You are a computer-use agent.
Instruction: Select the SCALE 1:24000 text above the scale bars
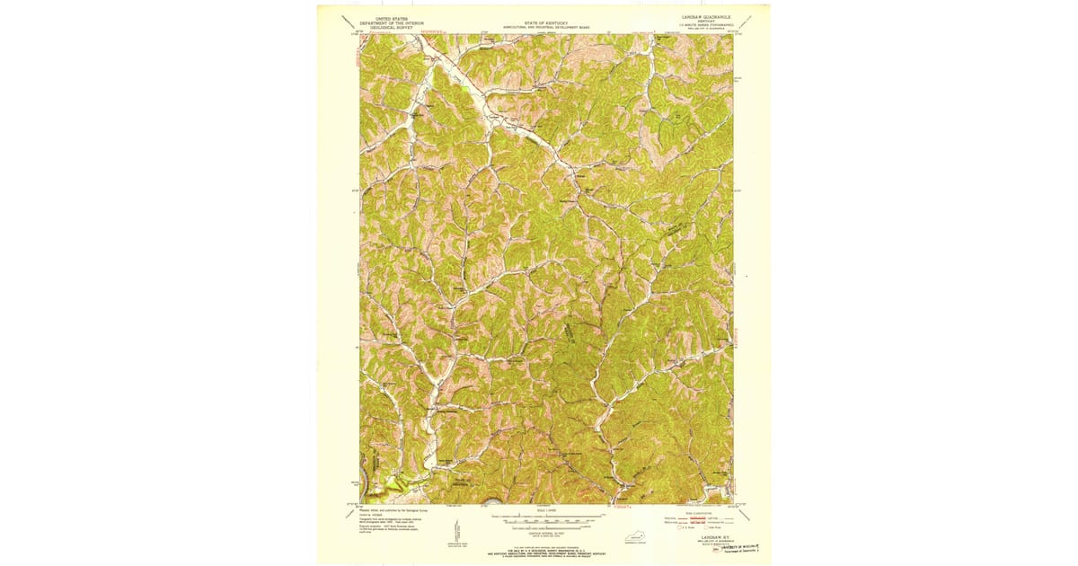click(x=546, y=510)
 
